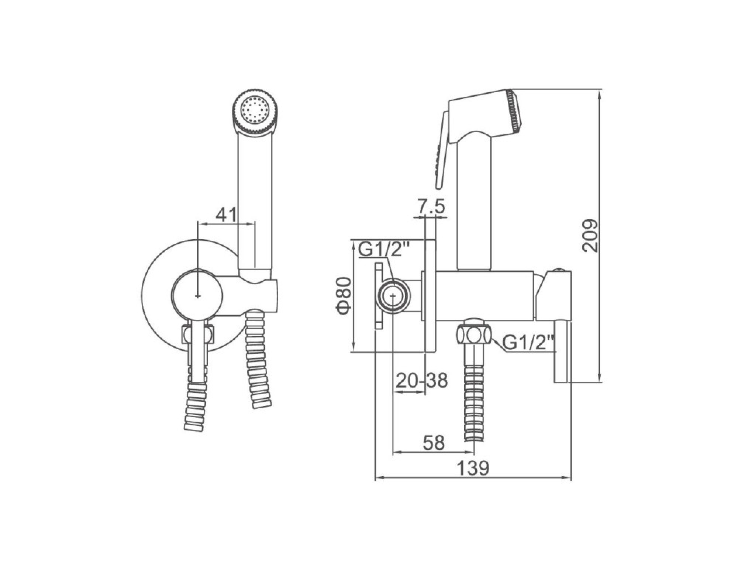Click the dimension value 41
pyautogui.click(x=225, y=215)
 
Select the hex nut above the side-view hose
pyautogui.click(x=474, y=335)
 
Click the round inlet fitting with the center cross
pyautogui.click(x=393, y=296)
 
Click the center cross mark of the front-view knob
pyautogui.click(x=198, y=296)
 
